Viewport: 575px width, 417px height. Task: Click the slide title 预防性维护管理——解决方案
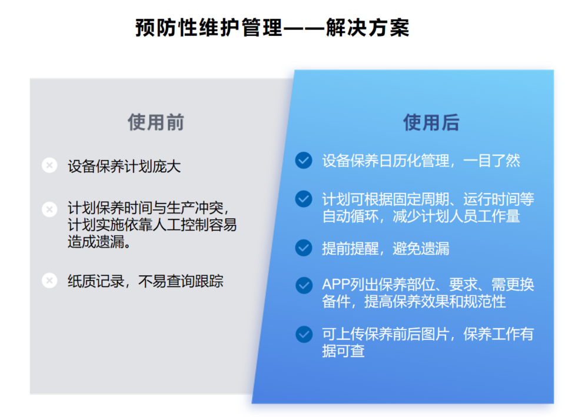[x=272, y=28]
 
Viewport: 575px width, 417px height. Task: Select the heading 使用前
[x=156, y=122]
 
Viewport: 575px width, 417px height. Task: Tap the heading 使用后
[x=431, y=122]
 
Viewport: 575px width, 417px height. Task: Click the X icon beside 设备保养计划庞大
[x=49, y=165]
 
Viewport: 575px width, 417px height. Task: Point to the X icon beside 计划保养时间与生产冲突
[x=49, y=209]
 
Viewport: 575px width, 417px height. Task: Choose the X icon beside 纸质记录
[x=49, y=281]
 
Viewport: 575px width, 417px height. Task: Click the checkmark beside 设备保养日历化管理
[x=304, y=160]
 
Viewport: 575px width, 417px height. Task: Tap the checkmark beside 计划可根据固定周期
[x=304, y=199]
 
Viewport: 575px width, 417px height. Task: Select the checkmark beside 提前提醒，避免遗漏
[x=304, y=248]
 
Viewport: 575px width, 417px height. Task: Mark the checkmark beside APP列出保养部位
[x=304, y=285]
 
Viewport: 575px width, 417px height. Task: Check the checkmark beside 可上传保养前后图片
[x=304, y=334]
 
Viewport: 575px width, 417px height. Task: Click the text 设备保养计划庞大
[x=124, y=166]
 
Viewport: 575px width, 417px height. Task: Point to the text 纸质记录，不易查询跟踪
[x=145, y=281]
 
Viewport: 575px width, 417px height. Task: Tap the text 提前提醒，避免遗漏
[x=385, y=248]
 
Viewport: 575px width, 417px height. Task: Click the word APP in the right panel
[x=335, y=285]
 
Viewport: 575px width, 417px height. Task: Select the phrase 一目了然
[x=492, y=161]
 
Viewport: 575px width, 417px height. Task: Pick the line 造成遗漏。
[x=99, y=242]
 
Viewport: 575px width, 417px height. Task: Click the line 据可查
[x=343, y=351]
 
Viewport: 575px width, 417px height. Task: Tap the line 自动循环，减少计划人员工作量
[x=421, y=216]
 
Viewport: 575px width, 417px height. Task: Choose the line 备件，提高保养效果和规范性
[x=414, y=302]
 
